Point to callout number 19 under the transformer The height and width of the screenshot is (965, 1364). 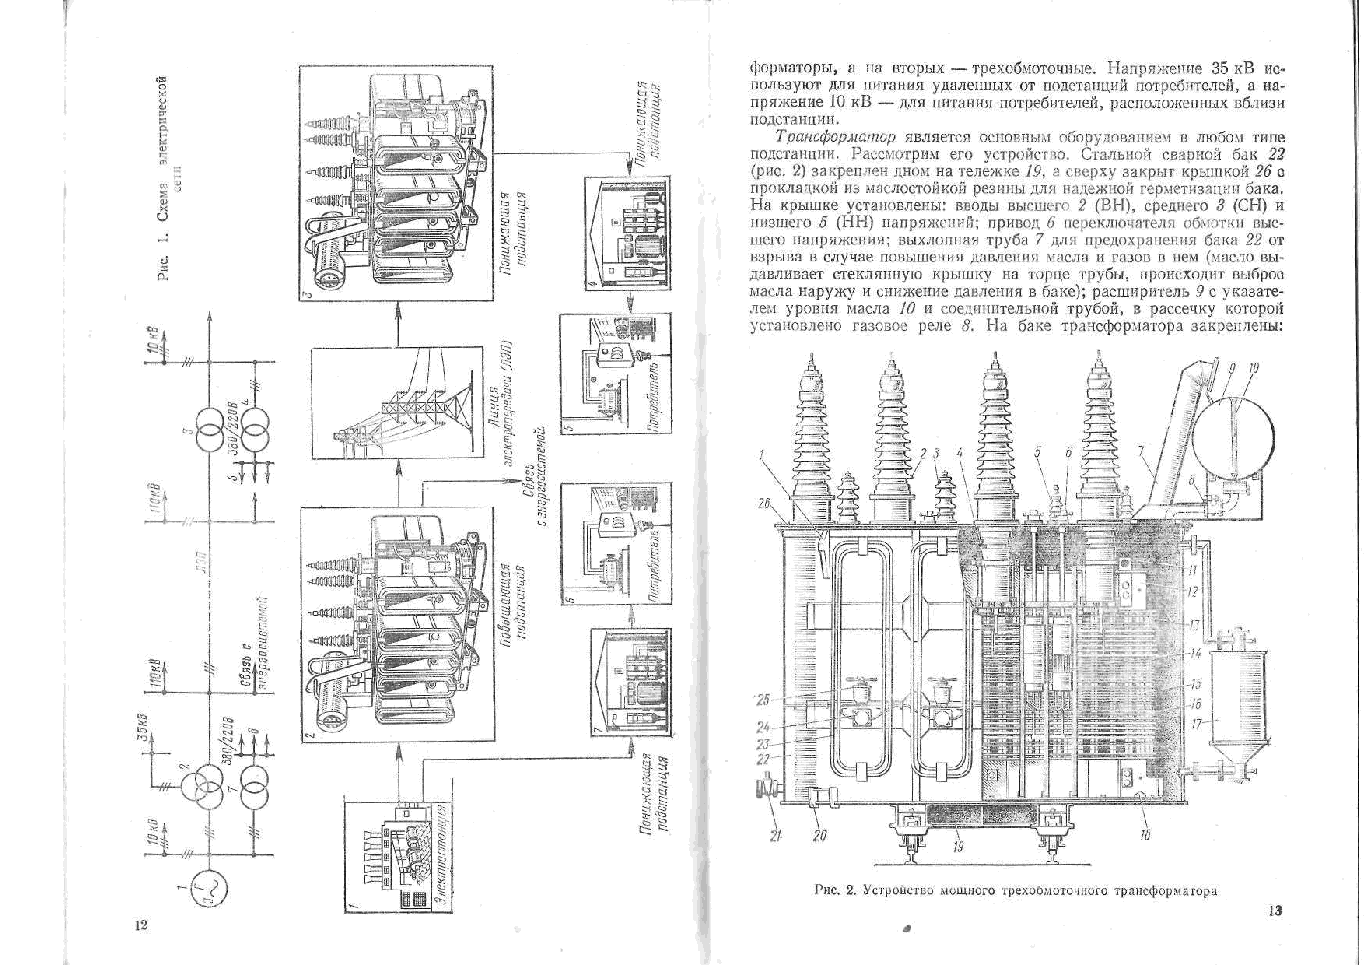click(958, 846)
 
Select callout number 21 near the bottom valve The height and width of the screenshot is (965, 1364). click(775, 835)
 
